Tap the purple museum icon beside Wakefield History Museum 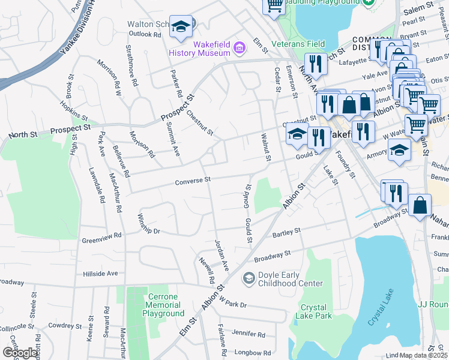click(239, 47)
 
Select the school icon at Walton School click(180, 27)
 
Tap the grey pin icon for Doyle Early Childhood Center click(248, 278)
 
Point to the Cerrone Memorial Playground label click(163, 305)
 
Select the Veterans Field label click(298, 44)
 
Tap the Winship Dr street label click(149, 224)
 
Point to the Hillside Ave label click(100, 273)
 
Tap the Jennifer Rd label click(248, 334)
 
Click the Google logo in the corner click(20, 353)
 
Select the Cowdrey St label click(65, 325)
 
